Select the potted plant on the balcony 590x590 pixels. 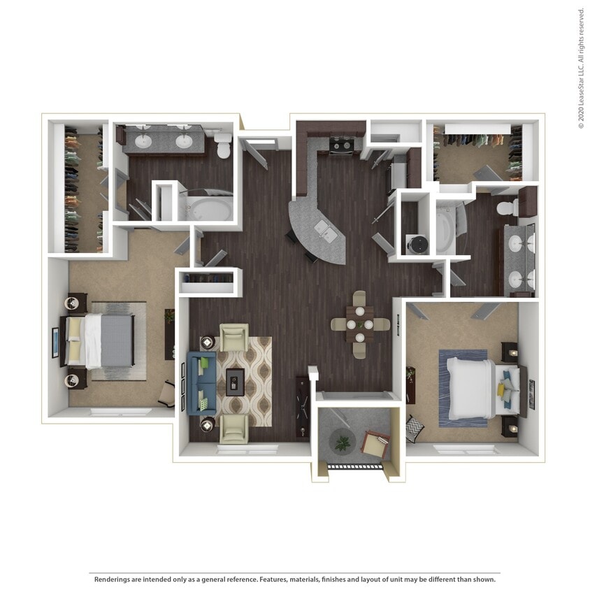[x=342, y=442]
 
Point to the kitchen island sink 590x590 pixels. [x=324, y=230]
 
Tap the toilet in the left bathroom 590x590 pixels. [x=224, y=147]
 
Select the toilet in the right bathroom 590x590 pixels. [x=506, y=207]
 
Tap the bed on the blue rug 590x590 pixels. [x=475, y=388]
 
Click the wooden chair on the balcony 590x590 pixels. [x=375, y=445]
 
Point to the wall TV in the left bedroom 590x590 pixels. [x=55, y=342]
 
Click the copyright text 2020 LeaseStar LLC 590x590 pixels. [x=580, y=69]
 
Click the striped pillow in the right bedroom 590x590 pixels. [x=414, y=425]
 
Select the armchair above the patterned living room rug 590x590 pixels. [x=234, y=337]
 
